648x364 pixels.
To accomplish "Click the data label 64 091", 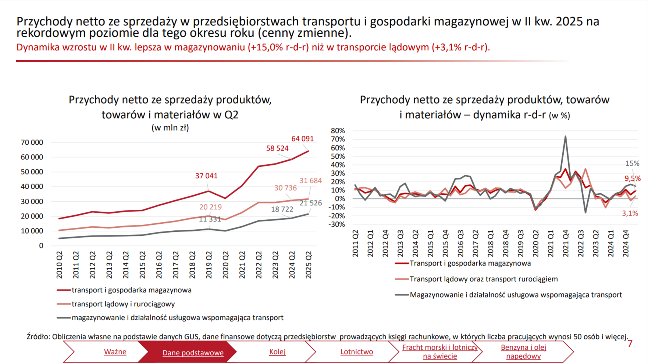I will click(x=302, y=139).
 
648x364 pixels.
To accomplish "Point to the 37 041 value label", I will click(x=206, y=176).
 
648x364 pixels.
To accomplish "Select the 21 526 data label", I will click(x=310, y=203).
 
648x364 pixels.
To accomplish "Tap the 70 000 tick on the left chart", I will click(x=32, y=143).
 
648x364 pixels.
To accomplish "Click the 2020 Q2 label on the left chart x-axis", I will click(x=225, y=265).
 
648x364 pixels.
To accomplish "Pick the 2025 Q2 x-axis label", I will click(x=309, y=265).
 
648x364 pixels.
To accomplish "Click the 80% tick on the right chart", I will click(x=338, y=131).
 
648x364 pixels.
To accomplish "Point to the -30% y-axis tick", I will click(x=337, y=224).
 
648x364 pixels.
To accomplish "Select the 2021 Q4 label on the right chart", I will click(x=566, y=243).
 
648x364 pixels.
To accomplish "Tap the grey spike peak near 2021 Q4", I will click(x=565, y=136).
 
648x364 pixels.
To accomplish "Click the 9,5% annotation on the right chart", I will click(x=633, y=179).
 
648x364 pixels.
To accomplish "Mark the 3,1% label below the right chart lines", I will click(x=630, y=213).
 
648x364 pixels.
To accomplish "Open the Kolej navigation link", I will click(x=277, y=352).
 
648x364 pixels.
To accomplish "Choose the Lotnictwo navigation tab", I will click(x=356, y=352).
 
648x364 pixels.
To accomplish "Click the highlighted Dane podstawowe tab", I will click(x=193, y=353).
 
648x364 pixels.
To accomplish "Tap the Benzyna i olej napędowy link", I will click(x=523, y=352).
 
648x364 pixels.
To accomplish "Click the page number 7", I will click(x=630, y=343).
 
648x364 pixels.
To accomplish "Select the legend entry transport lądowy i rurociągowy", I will click(x=123, y=304).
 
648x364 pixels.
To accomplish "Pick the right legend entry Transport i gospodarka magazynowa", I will click(x=470, y=263).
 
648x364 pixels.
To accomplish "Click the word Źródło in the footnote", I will click(x=38, y=336).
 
